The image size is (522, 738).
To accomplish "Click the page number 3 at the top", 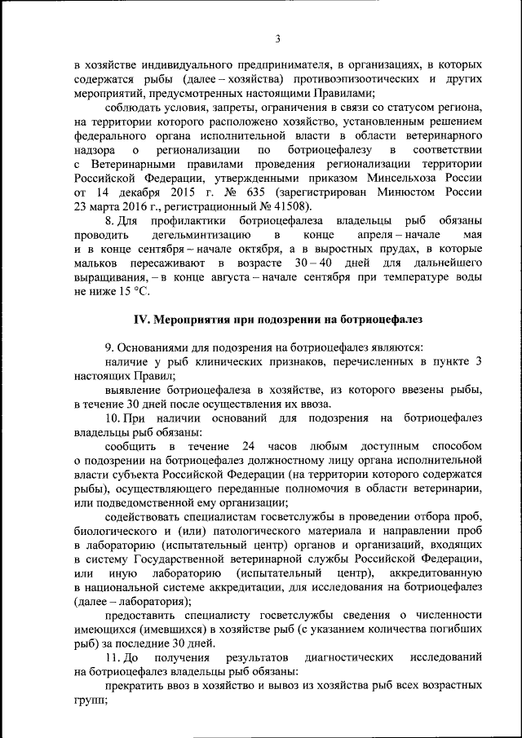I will tap(277, 38).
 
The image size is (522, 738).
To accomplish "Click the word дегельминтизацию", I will tap(190, 235).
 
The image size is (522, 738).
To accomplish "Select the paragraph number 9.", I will tap(110, 348).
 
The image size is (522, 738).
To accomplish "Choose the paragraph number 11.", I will tap(115, 657).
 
